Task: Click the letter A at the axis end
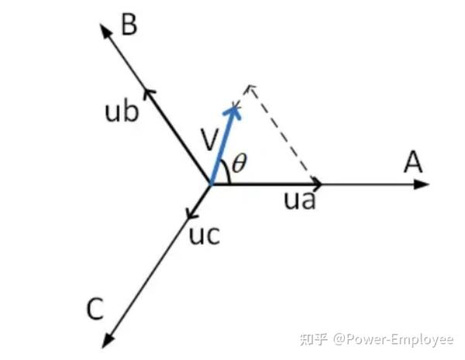(x=413, y=163)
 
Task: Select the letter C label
(x=95, y=310)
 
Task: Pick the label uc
(x=205, y=235)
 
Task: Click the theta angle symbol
(x=240, y=163)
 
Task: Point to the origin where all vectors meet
(x=211, y=184)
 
